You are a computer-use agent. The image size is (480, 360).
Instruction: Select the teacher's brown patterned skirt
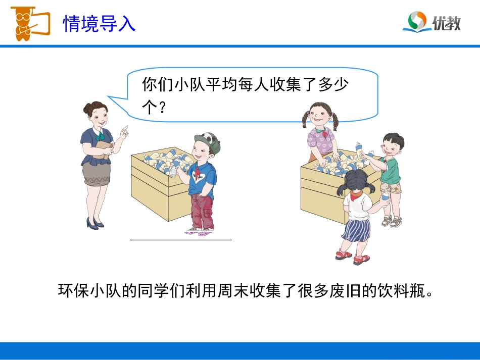(x=97, y=174)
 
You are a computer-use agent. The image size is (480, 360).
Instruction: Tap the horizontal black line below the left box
(x=180, y=240)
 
